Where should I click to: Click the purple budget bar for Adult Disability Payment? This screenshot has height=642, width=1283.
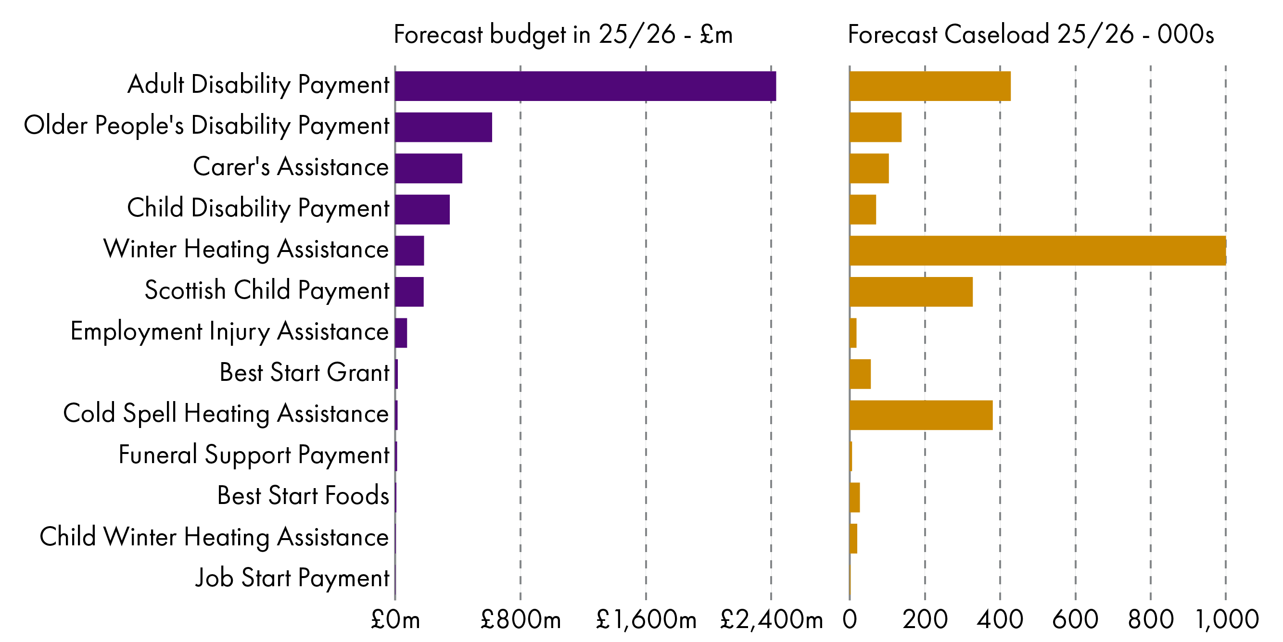click(x=585, y=86)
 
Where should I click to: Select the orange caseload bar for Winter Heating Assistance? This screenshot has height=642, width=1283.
click(x=1038, y=251)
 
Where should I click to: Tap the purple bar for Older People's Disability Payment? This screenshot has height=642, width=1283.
click(x=443, y=127)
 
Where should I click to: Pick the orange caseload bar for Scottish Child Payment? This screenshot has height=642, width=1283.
click(x=911, y=292)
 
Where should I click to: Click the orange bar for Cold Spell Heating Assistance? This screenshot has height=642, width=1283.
click(x=921, y=415)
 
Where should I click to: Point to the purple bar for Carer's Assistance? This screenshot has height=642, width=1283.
click(x=428, y=168)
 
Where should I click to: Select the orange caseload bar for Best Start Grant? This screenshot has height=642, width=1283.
click(x=860, y=374)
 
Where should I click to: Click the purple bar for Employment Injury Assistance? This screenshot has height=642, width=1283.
click(x=401, y=333)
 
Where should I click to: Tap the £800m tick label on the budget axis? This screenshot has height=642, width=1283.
click(x=521, y=620)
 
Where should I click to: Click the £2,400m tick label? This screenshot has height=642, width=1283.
click(x=771, y=620)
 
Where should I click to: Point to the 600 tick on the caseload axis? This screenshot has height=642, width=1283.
click(x=1075, y=620)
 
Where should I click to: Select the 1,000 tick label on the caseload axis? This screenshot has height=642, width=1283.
click(x=1227, y=620)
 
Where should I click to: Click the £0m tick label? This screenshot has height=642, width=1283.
click(x=395, y=620)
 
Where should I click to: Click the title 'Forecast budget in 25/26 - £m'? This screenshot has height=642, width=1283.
click(x=563, y=35)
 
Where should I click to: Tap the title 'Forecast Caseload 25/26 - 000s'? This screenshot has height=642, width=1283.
click(x=1030, y=35)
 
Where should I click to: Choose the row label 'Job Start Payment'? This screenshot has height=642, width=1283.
click(x=292, y=578)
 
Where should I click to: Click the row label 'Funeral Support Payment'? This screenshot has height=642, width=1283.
click(x=254, y=455)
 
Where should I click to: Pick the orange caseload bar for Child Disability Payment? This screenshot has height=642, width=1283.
click(x=863, y=210)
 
